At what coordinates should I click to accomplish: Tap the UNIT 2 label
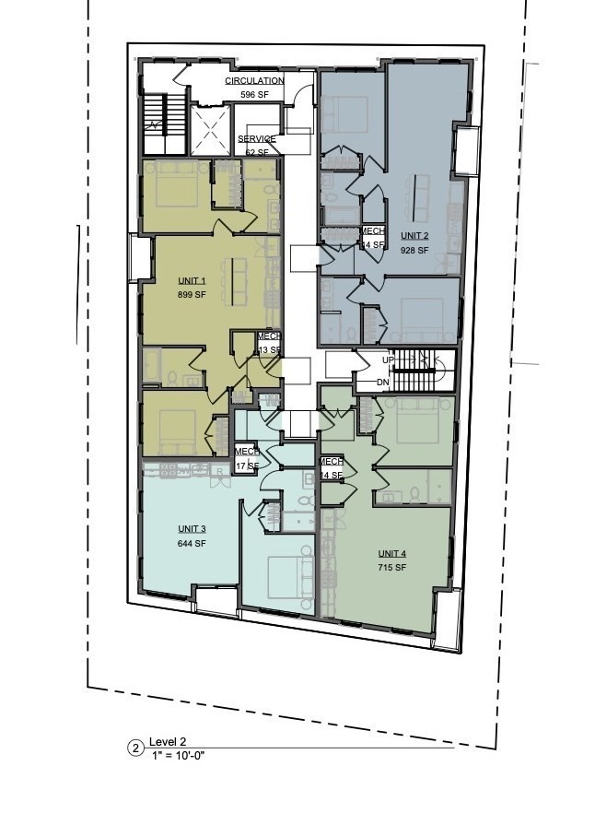[414, 237]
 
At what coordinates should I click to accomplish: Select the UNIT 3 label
[192, 529]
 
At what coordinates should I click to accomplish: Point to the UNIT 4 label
[391, 553]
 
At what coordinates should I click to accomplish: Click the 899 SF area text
[192, 295]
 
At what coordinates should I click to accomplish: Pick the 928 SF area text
[414, 251]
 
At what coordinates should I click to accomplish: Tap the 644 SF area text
[192, 544]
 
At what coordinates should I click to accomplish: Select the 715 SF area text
[391, 568]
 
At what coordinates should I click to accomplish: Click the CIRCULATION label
[254, 81]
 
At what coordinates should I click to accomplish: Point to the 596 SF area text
[254, 95]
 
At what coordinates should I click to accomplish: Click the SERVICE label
[257, 138]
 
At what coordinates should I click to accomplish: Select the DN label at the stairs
[383, 382]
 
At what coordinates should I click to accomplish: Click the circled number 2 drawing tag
[135, 748]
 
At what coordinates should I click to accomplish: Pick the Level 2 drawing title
[169, 742]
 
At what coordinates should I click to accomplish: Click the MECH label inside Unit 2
[372, 230]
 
